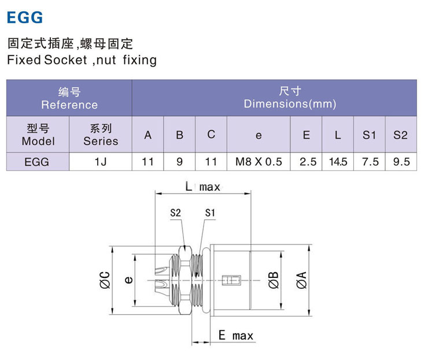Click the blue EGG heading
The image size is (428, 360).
coord(25,17)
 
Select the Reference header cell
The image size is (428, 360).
coord(69,99)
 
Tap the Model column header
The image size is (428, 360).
coord(38,135)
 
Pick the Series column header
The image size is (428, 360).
coord(101,135)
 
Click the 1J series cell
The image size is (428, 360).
coord(101,162)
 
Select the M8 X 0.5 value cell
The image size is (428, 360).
coord(259,162)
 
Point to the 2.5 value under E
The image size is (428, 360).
coord(307,162)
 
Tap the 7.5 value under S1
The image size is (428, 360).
coord(370,162)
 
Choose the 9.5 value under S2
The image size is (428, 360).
coord(401,162)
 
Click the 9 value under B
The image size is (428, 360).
coord(179,162)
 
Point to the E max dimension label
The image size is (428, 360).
coord(235,336)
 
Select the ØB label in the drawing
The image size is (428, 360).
coord(274,280)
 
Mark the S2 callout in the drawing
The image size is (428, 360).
coord(176,213)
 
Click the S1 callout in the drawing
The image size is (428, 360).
coord(210,213)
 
